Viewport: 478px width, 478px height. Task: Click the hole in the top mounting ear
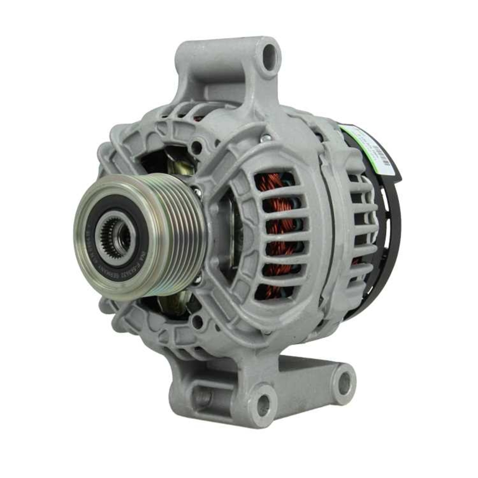(270, 56)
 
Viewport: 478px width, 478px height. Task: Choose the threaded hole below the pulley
(197, 322)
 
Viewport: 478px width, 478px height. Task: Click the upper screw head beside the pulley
(197, 193)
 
